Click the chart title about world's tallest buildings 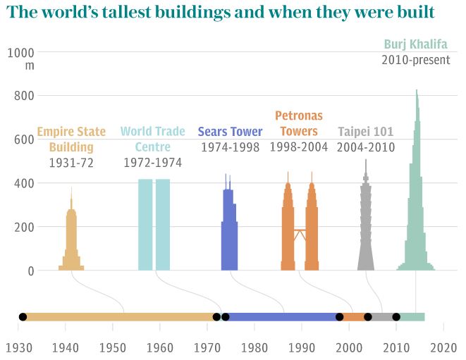coord(223,13)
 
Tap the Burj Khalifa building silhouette coord(416,211)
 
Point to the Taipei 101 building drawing coord(365,225)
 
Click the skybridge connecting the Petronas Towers coord(300,231)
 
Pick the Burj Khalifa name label coord(415,44)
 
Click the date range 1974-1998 coord(230,147)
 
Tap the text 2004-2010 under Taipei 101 coord(365,147)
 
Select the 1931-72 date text coord(71,163)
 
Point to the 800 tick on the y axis coord(25,96)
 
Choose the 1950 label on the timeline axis coord(112,347)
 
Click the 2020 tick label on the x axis coord(443,347)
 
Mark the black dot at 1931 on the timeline coord(23,317)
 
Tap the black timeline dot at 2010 coord(396,317)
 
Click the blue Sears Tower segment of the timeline coord(282,317)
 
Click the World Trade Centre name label coord(153,139)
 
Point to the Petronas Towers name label coord(300,123)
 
